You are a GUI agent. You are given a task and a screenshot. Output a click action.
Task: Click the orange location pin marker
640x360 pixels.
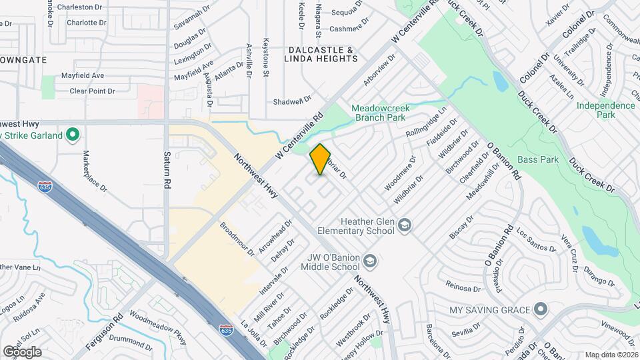321,160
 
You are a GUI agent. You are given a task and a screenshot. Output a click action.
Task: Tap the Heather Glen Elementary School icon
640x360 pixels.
405,227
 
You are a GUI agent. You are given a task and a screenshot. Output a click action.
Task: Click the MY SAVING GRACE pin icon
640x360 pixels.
541,310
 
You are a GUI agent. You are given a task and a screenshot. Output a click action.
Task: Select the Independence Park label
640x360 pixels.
605,110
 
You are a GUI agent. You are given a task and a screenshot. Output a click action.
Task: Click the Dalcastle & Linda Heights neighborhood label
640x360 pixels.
321,55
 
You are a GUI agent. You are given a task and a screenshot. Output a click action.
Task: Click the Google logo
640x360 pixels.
22,352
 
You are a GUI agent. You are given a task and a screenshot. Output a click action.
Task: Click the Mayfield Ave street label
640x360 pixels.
83,76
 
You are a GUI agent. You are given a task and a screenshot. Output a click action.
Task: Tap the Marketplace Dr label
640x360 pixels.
95,171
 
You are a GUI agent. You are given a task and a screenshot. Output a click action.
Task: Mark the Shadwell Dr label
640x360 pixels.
293,101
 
